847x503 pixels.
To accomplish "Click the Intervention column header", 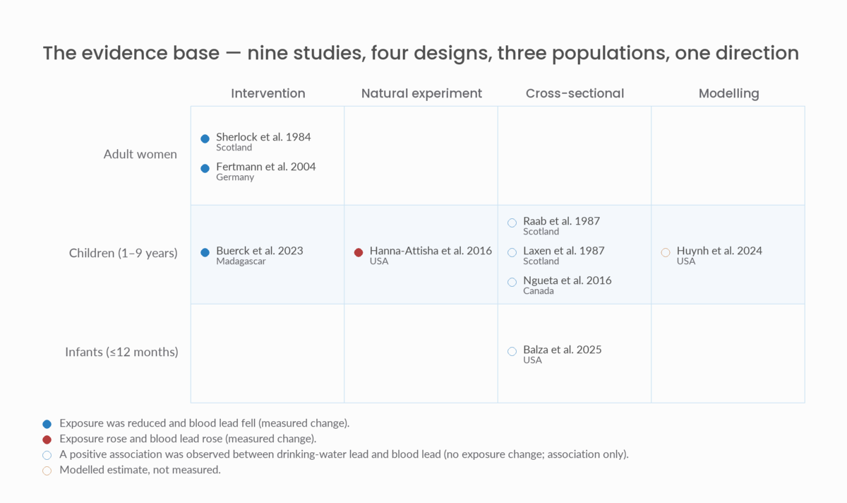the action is (x=268, y=93).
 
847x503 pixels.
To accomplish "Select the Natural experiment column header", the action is (x=421, y=93).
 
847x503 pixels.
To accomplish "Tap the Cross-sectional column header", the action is (x=575, y=93).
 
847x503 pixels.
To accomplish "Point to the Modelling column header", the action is (x=728, y=93).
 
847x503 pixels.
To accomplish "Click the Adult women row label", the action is (x=140, y=154).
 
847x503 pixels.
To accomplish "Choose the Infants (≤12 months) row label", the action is (x=121, y=352).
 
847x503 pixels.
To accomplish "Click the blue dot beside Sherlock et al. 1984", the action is (x=205, y=139).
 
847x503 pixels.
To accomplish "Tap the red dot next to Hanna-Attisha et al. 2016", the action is (x=359, y=252).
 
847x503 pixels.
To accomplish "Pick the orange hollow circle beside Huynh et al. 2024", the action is (x=666, y=252).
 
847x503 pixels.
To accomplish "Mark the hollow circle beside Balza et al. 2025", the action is (x=512, y=351).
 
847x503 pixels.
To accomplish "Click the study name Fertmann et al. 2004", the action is (x=266, y=167).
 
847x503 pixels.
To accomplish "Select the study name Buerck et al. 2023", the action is (x=260, y=251).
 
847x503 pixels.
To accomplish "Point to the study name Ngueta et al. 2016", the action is (x=567, y=280).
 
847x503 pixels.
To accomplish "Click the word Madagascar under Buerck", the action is (x=241, y=261).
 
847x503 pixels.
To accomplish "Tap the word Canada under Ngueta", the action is (x=539, y=290).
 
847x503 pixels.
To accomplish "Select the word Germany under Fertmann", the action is (x=235, y=177).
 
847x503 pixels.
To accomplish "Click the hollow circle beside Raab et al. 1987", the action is (x=512, y=223).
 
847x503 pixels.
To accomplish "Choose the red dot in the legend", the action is (x=47, y=439).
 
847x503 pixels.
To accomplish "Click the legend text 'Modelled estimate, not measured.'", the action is (x=140, y=470).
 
